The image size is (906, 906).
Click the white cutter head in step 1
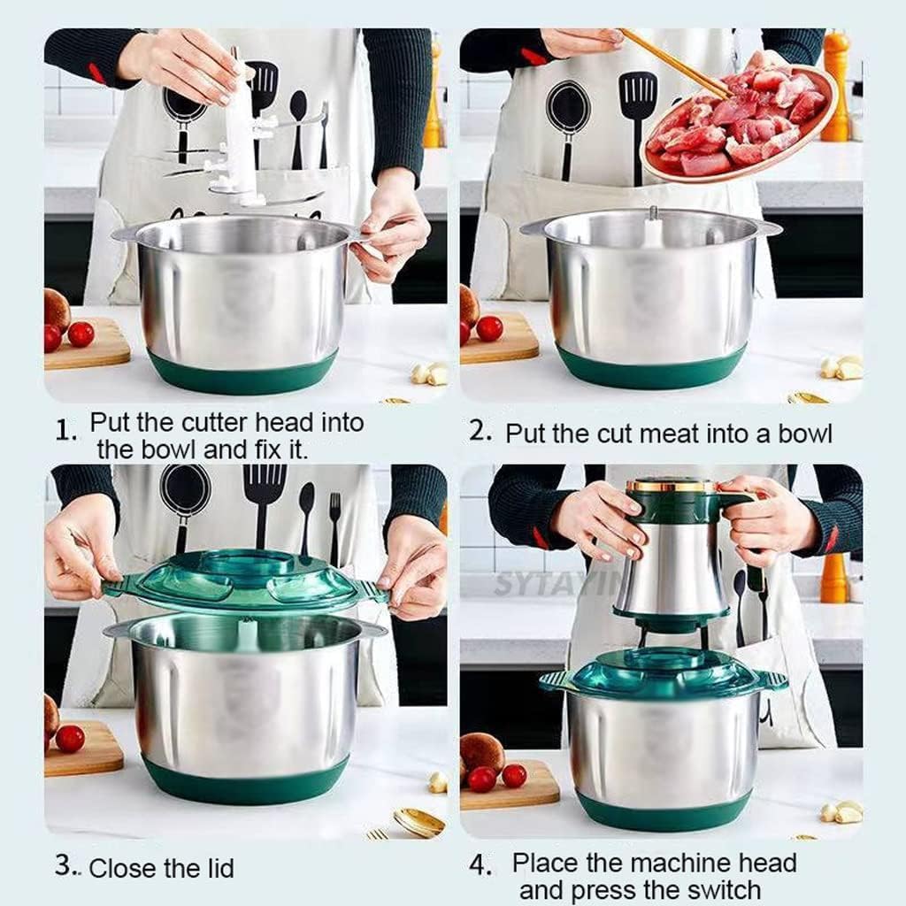pyautogui.click(x=239, y=133)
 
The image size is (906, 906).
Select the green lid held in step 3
pyautogui.click(x=243, y=580)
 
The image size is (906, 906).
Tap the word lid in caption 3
pyautogui.click(x=217, y=869)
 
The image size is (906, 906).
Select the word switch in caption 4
pyautogui.click(x=717, y=889)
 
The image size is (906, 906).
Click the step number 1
pyautogui.click(x=64, y=431)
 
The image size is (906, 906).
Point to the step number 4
pyautogui.click(x=479, y=866)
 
